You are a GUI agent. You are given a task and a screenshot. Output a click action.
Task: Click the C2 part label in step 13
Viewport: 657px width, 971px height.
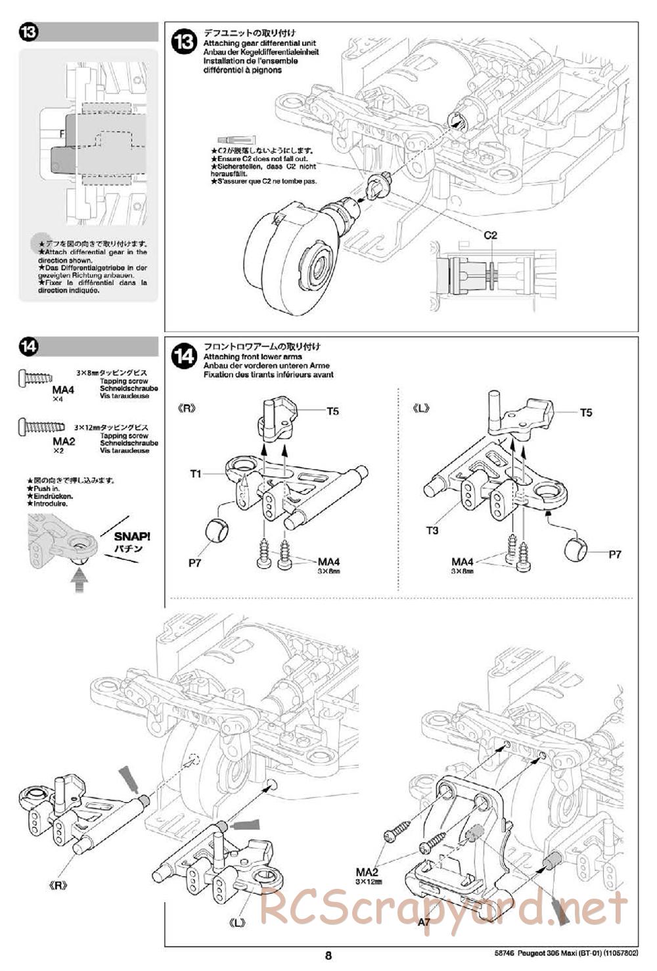click(x=490, y=235)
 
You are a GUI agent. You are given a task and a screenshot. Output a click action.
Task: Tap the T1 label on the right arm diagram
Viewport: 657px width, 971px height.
click(x=196, y=473)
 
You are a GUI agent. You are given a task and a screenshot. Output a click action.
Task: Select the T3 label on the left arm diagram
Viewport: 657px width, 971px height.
click(x=432, y=530)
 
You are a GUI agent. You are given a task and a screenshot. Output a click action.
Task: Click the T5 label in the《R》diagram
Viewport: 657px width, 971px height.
click(x=332, y=412)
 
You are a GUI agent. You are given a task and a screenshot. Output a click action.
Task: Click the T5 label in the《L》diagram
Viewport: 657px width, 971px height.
click(x=585, y=412)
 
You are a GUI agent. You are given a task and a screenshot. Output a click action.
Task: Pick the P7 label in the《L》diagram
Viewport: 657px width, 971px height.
click(x=614, y=554)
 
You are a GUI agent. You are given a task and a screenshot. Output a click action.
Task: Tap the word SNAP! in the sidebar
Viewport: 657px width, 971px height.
click(x=132, y=537)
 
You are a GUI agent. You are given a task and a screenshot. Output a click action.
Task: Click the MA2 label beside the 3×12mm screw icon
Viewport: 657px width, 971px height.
click(x=64, y=441)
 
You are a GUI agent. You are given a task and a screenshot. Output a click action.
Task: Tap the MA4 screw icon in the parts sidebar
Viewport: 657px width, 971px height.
click(x=35, y=377)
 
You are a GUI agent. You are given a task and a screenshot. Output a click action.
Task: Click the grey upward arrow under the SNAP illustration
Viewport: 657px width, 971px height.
click(x=79, y=580)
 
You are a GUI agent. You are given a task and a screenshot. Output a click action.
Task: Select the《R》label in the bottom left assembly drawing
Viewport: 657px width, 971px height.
click(x=59, y=885)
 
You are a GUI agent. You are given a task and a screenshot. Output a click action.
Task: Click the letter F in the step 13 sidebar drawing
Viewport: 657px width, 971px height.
click(x=62, y=133)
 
